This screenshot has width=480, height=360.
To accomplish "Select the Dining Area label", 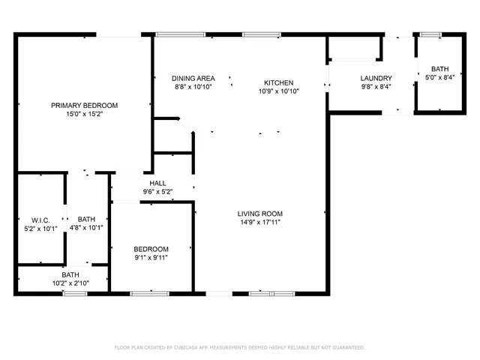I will click(x=193, y=78).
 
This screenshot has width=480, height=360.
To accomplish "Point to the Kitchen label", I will click(x=278, y=82).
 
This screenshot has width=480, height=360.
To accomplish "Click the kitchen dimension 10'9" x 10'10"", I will click(x=278, y=91).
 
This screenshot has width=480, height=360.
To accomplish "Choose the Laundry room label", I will click(x=376, y=78).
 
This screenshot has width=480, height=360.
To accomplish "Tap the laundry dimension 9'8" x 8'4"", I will click(x=376, y=87).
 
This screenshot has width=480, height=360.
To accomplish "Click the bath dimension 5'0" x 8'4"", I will click(x=439, y=77).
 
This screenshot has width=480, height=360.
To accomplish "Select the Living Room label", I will click(x=260, y=214).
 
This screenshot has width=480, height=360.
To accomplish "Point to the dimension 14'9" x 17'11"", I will click(x=260, y=223).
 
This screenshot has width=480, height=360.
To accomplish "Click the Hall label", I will click(x=157, y=183).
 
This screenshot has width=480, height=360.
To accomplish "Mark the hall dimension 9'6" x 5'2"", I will click(x=157, y=192).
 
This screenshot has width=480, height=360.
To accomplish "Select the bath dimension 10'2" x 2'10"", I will click(x=70, y=283).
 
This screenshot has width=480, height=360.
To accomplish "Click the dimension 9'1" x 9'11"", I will click(x=151, y=258).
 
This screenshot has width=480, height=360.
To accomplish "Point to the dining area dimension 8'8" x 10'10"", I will click(x=193, y=87).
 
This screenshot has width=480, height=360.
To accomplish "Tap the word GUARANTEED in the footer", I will click(x=346, y=348).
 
